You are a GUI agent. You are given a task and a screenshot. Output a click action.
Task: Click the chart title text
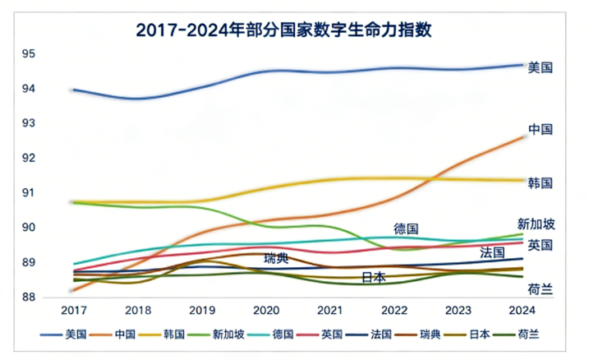pyautogui.click(x=283, y=31)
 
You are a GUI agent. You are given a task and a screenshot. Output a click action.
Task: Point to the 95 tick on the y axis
pyautogui.click(x=52, y=53)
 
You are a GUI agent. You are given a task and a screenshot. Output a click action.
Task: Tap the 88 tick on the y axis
pyautogui.click(x=52, y=297)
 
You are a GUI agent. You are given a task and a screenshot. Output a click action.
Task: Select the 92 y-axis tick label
pyautogui.click(x=52, y=158)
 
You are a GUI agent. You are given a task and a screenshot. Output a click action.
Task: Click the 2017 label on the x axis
pyautogui.click(x=73, y=312)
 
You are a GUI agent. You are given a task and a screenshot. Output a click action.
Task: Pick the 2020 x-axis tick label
pyautogui.click(x=266, y=312)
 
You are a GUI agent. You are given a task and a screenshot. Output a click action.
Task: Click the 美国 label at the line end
pyautogui.click(x=540, y=67)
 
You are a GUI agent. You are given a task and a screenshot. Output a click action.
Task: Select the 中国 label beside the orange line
pyautogui.click(x=540, y=130)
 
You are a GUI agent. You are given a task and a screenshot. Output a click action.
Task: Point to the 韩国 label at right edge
pyautogui.click(x=540, y=182)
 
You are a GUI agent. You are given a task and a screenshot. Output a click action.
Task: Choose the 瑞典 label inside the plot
pyautogui.click(x=276, y=258)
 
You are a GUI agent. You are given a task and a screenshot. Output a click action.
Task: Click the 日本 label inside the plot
pyautogui.click(x=374, y=278)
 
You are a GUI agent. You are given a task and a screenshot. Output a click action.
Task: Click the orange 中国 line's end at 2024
pyautogui.click(x=523, y=136)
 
